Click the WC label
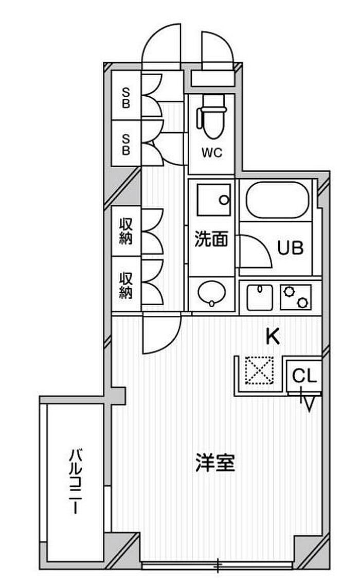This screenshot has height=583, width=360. click(x=212, y=152)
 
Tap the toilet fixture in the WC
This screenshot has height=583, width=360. click(x=212, y=117)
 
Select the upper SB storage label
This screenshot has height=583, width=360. click(x=127, y=98)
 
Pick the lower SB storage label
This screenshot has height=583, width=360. click(x=127, y=144)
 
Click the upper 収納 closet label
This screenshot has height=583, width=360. click(x=126, y=231)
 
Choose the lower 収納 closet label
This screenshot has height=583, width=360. click(x=126, y=286)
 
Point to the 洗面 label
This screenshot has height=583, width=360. click(x=211, y=239)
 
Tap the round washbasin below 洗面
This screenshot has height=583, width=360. click(x=212, y=293)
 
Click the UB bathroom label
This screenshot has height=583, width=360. click(x=291, y=248)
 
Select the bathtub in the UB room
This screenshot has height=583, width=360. click(x=278, y=200)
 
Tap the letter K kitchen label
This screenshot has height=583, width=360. click(x=273, y=337)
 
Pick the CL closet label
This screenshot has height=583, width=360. click(x=304, y=376)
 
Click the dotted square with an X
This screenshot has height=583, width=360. click(x=259, y=370)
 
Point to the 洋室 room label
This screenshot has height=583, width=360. click(x=215, y=463)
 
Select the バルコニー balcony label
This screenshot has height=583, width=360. click(x=76, y=482)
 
